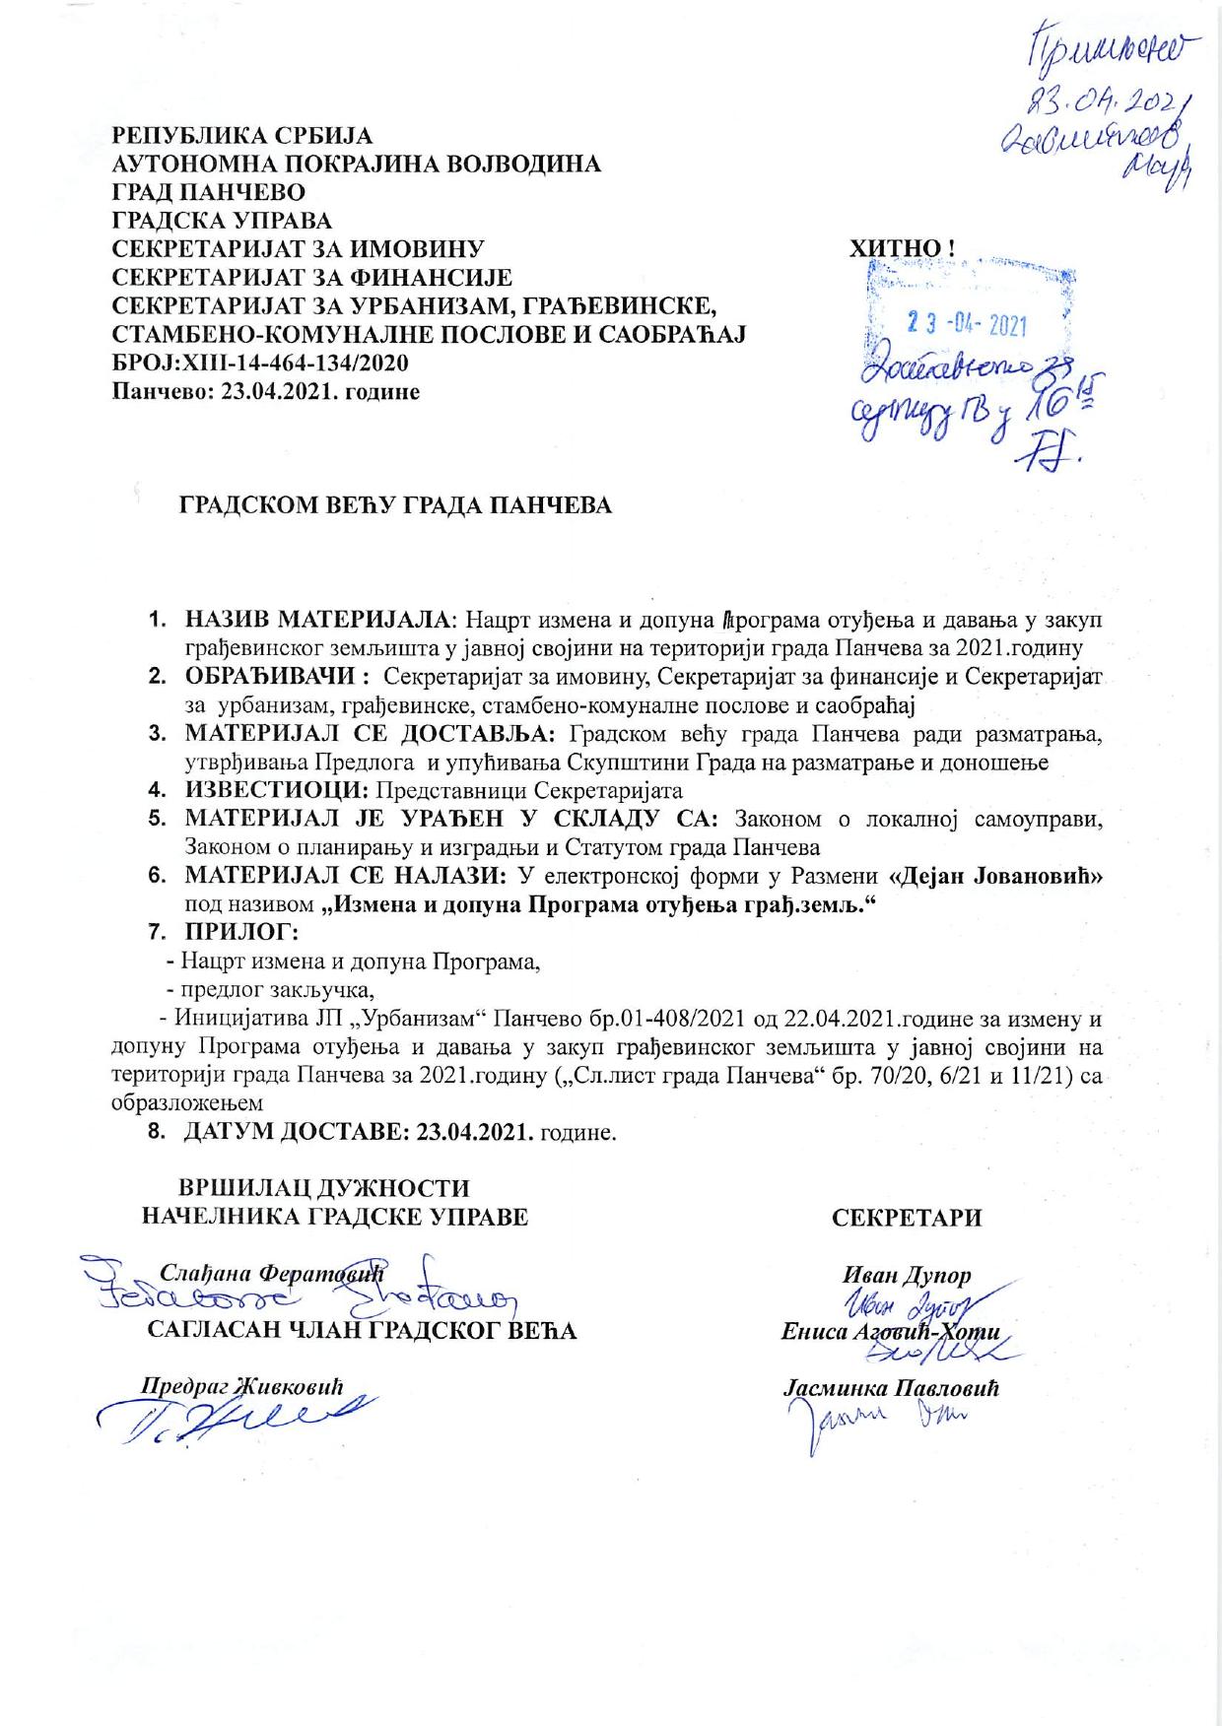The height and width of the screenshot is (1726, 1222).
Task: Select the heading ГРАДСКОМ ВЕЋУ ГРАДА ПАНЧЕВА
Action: [x=394, y=505]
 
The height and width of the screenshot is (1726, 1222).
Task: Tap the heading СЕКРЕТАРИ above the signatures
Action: [x=907, y=1218]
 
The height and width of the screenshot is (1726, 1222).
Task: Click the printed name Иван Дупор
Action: [x=907, y=1274]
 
